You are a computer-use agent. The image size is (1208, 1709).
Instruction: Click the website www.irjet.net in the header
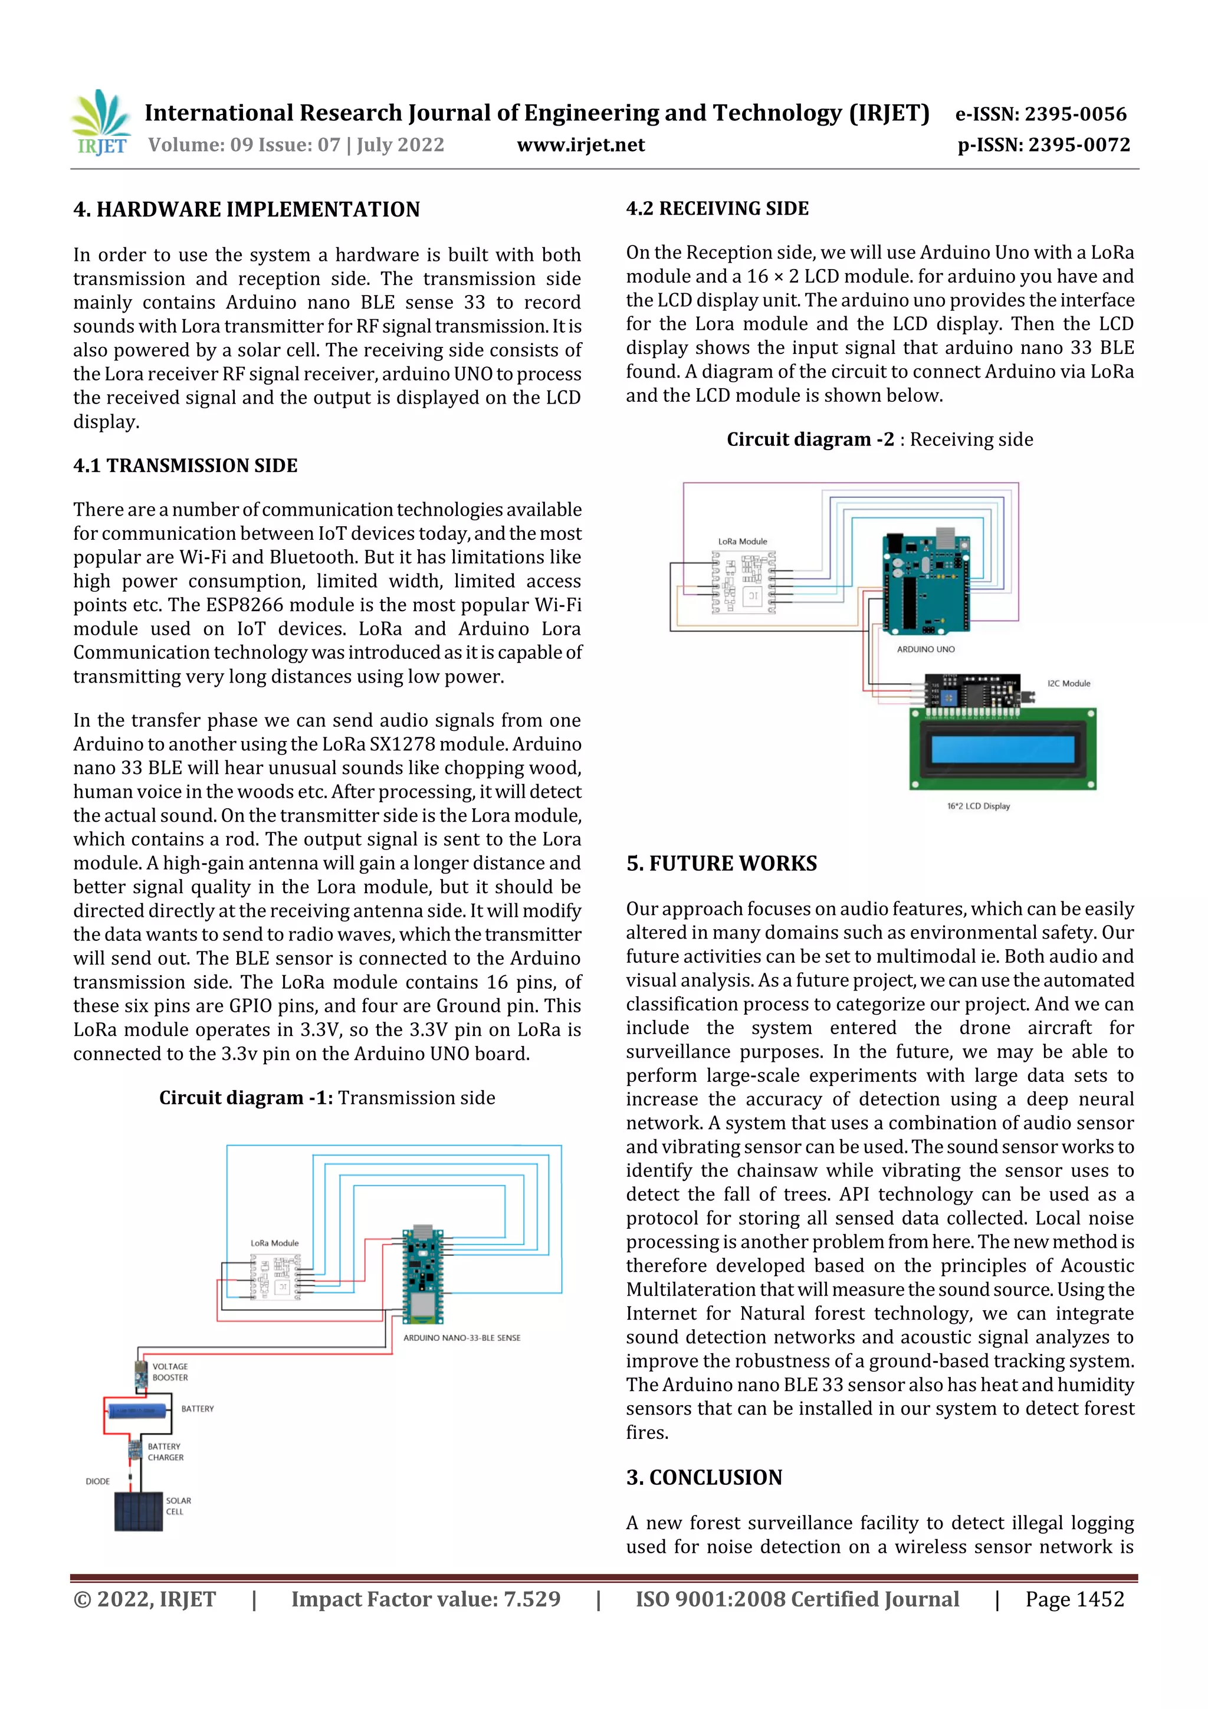point(580,145)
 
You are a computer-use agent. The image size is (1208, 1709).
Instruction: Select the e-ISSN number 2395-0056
point(1075,114)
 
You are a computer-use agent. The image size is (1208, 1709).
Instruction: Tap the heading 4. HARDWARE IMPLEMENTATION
point(247,210)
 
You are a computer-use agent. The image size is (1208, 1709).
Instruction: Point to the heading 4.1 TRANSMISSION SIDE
point(185,466)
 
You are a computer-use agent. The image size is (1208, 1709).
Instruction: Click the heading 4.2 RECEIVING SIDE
point(717,208)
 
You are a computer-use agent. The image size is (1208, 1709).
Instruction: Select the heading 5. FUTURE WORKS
point(721,864)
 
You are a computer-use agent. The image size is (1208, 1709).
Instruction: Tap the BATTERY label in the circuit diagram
point(197,1408)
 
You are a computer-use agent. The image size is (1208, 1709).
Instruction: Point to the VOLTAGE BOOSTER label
point(170,1372)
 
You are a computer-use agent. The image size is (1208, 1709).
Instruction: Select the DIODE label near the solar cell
point(97,1481)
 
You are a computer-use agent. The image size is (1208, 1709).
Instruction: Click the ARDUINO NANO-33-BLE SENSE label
point(461,1337)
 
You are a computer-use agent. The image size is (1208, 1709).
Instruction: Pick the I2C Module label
point(1068,683)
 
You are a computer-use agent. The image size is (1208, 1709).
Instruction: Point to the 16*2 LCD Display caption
point(978,806)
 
